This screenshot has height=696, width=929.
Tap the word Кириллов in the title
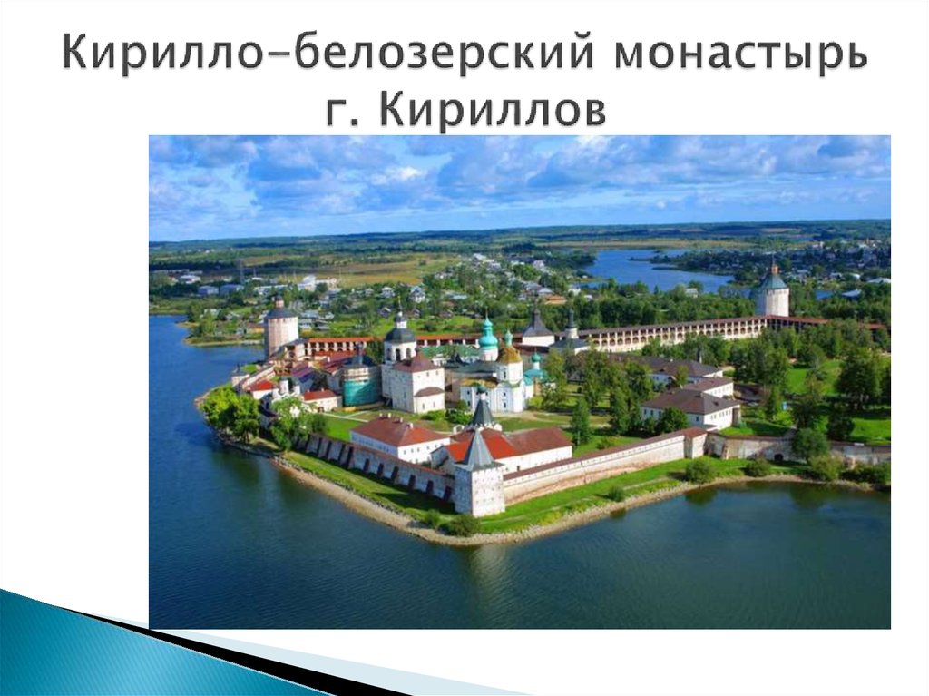pos(491,110)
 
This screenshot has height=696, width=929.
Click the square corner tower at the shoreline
pos(478,487)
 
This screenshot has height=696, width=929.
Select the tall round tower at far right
pos(773,295)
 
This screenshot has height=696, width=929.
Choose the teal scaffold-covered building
pos(361,388)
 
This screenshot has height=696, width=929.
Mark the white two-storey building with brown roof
pos(690,408)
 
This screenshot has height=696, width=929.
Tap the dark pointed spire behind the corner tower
pos(482,413)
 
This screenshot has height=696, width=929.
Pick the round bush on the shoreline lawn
pos(699,469)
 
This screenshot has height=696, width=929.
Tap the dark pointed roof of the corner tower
pos(477,450)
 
